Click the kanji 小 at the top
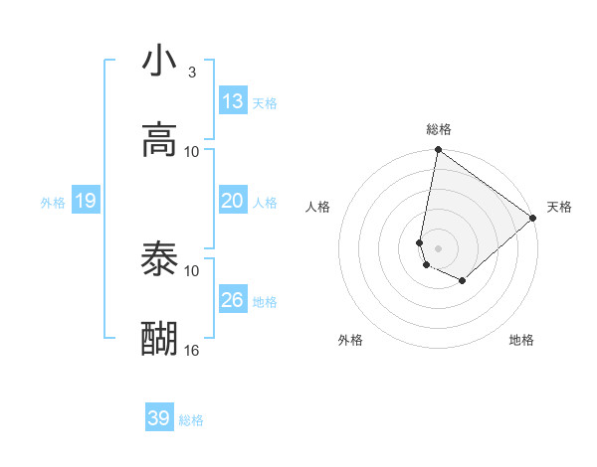coord(159,62)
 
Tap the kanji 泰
coord(159,260)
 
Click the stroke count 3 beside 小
coord(192,72)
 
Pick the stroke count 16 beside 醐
coord(192,350)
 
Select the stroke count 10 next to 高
coord(192,151)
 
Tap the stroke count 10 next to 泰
coord(192,270)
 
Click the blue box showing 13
coord(233,101)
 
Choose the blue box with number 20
coord(233,201)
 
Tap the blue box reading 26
coord(233,300)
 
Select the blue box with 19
coord(86,201)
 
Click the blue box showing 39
coord(159,418)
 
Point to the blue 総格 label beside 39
coord(191,420)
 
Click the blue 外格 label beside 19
coord(53,203)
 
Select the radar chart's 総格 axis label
coord(439,129)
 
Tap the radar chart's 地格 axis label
coord(521,340)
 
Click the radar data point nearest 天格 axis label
coord(533,219)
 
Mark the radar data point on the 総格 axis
coord(438,151)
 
